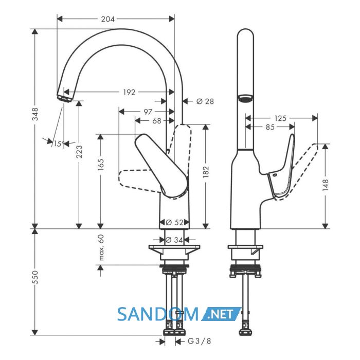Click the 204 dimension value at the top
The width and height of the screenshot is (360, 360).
point(107,19)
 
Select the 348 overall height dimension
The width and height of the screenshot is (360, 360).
point(35,114)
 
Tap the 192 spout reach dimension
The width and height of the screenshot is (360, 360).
point(129,92)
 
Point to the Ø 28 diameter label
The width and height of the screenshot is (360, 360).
point(205,101)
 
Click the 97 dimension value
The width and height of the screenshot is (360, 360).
point(148,112)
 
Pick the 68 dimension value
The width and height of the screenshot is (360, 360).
point(157,121)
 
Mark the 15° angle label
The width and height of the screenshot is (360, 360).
point(59,144)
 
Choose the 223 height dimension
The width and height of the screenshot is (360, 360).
point(79,152)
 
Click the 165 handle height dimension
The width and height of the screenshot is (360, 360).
point(101,164)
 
